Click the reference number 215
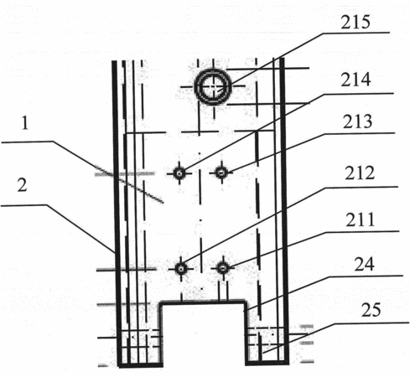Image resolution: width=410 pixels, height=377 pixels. [x=356, y=22]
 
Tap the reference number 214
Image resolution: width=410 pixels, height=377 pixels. [x=356, y=80]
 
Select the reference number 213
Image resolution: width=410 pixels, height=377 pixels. [x=357, y=121]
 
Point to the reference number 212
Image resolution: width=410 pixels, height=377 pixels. [x=360, y=173]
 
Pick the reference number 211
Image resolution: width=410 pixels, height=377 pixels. [x=360, y=219]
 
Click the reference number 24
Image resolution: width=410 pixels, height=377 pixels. [x=364, y=265]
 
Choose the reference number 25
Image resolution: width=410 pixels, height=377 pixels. [x=371, y=310]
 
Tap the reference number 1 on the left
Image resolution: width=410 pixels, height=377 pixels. [x=25, y=123]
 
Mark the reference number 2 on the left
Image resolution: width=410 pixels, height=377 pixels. [x=23, y=184]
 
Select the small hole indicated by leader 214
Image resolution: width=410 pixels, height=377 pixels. [x=179, y=173]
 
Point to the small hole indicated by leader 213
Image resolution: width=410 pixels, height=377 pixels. [x=221, y=173]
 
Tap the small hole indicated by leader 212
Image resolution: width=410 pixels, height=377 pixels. [x=181, y=269]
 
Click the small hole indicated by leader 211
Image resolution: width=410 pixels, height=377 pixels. [x=223, y=268]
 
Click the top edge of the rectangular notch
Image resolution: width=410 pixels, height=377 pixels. [x=203, y=302]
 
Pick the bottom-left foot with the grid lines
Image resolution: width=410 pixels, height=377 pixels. [x=140, y=348]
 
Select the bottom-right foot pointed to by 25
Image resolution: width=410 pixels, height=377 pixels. [x=267, y=345]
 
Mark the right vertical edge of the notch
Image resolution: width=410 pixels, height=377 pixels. [x=246, y=333]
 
